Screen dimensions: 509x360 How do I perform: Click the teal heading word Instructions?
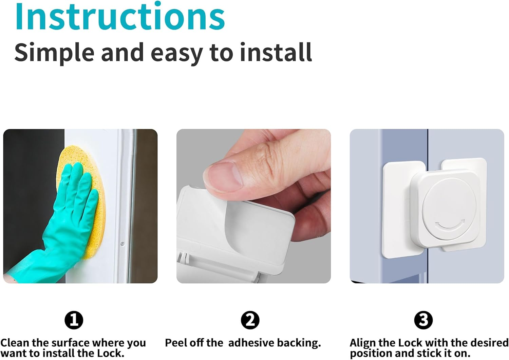[120, 16]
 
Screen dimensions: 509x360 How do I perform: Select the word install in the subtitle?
[276, 52]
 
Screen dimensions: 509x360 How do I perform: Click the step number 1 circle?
[74, 320]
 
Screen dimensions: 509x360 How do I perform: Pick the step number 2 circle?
[250, 320]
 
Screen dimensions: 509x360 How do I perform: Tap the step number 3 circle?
[423, 320]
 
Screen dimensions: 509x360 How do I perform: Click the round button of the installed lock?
[449, 209]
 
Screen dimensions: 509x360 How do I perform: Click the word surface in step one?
[71, 343]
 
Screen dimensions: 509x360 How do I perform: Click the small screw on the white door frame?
[122, 244]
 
